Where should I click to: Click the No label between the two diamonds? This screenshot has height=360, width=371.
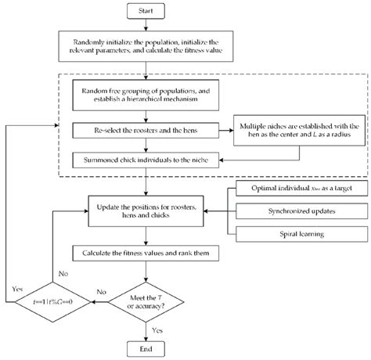point(101,290)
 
